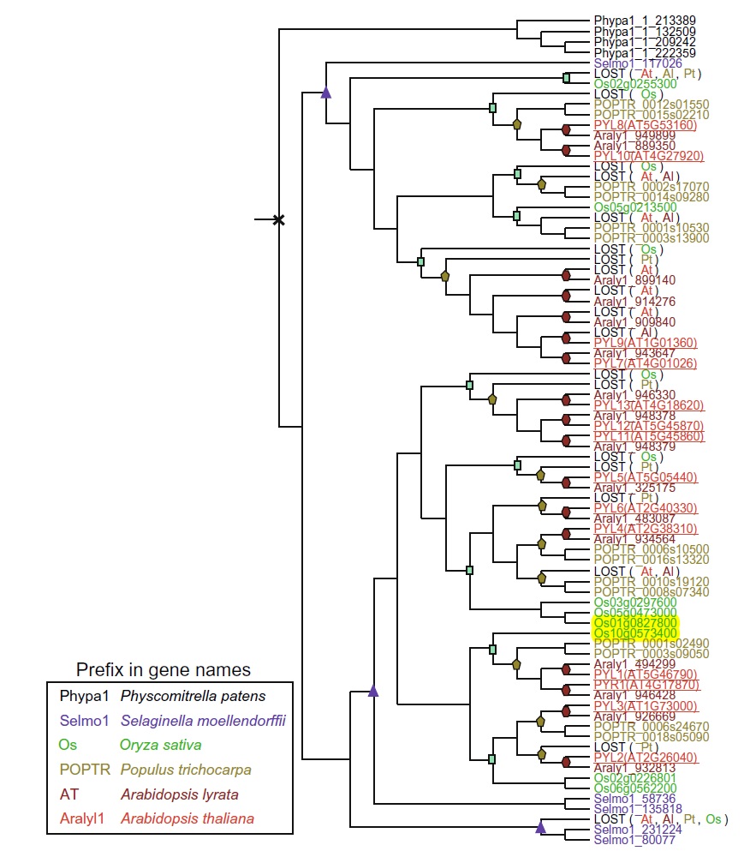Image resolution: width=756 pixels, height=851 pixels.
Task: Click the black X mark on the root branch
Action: tap(278, 219)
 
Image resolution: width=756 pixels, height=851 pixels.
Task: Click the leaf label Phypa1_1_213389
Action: tap(645, 21)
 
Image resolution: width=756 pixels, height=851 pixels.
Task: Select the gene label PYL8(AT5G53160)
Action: tap(646, 125)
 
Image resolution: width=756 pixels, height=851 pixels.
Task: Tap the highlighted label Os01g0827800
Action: tap(635, 622)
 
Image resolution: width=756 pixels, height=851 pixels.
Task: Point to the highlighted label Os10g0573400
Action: tap(635, 633)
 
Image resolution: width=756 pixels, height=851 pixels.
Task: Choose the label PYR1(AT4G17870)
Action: tap(647, 685)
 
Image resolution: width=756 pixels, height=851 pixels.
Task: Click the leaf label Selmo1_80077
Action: tap(634, 840)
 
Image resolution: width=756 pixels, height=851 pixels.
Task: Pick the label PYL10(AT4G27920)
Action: tap(649, 156)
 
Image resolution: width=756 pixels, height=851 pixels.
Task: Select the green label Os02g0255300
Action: tap(635, 84)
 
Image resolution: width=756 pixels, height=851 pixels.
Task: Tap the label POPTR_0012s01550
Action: tap(652, 105)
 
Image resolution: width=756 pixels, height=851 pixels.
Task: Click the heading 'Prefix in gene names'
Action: tap(164, 669)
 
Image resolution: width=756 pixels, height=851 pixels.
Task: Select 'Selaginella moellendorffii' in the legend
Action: tap(203, 721)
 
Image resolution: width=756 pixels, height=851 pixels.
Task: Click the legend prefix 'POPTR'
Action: tap(85, 770)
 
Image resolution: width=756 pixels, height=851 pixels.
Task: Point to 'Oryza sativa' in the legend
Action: tap(160, 746)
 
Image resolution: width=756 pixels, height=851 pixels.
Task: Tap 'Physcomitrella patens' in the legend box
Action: tap(193, 697)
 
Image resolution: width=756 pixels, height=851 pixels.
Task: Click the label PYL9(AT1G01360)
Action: tap(646, 343)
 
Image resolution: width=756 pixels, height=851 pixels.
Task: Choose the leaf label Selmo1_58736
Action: tap(634, 799)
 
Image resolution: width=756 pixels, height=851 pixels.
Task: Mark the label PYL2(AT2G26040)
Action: tap(646, 758)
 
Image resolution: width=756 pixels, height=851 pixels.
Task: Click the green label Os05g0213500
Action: tap(635, 207)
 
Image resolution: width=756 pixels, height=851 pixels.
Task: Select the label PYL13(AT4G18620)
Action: tap(649, 405)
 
